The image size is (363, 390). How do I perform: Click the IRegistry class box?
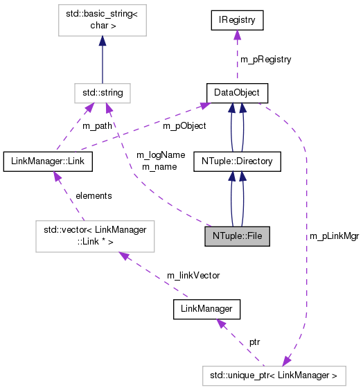[x=238, y=21]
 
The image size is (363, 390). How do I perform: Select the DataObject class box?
[x=237, y=91]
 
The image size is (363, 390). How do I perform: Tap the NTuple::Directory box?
[x=237, y=162]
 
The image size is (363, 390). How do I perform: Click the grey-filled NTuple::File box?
[x=237, y=236]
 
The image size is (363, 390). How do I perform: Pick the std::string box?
[x=103, y=91]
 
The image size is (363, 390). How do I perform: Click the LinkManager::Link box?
[x=48, y=162]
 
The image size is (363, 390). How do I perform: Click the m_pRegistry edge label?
[x=265, y=60]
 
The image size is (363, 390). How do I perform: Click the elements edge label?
[x=93, y=196]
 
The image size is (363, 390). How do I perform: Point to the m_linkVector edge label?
[x=193, y=275]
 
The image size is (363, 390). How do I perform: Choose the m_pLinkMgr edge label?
[x=331, y=237]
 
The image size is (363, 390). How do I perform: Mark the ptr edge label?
[x=254, y=342]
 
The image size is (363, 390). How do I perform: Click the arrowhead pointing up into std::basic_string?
[x=103, y=43]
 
